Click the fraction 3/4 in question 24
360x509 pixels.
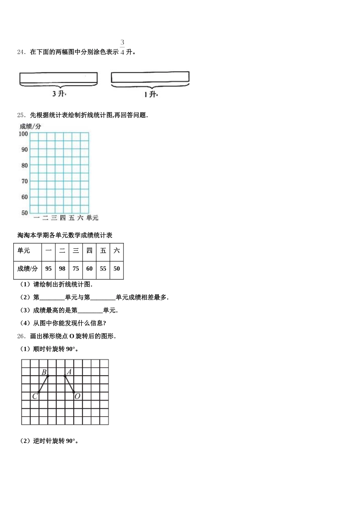point(122,48)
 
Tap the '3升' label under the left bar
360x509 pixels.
point(59,94)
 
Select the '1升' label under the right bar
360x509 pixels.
point(150,94)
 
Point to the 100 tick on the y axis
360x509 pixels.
point(23,134)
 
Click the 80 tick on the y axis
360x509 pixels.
point(24,165)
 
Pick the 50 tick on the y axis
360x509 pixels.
point(24,213)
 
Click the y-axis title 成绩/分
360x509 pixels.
point(30,126)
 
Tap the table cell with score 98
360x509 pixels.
point(62,269)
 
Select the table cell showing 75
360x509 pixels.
point(76,269)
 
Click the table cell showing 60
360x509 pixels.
point(89,269)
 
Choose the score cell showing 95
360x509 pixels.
point(49,269)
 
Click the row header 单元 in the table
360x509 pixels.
point(23,251)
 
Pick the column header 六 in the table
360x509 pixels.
point(117,251)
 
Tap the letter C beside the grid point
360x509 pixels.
point(34,396)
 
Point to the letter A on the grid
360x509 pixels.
point(69,372)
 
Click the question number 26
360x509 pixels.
point(21,336)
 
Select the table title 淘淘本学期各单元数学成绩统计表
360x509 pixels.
point(65,235)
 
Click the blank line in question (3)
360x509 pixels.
point(90,311)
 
